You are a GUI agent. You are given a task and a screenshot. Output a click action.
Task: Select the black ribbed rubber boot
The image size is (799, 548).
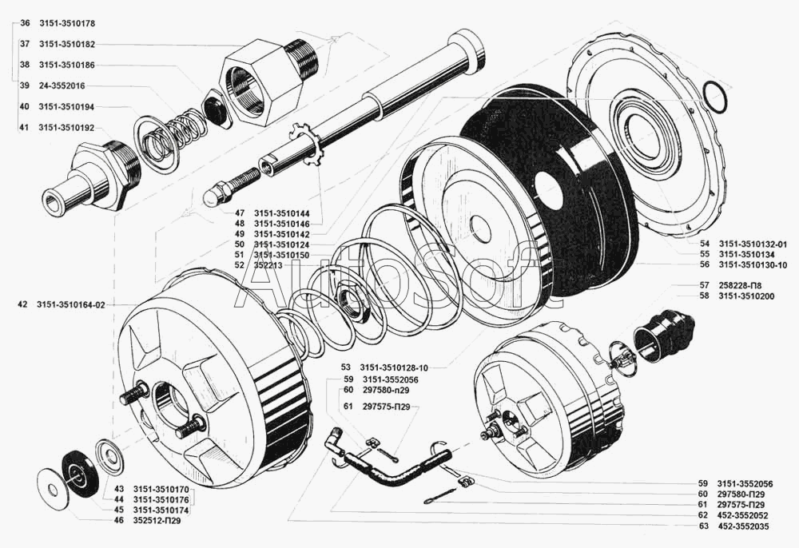666,334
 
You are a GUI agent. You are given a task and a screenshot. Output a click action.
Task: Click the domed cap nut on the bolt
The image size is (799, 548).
213,194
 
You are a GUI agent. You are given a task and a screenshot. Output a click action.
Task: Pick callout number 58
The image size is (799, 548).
682,296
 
